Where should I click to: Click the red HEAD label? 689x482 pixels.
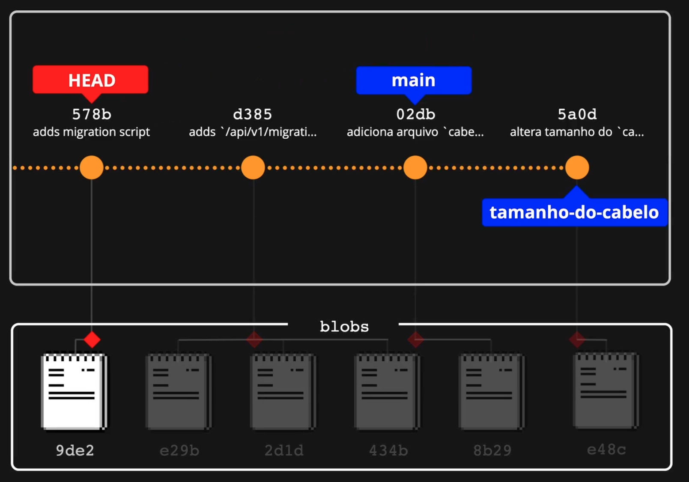[90, 80]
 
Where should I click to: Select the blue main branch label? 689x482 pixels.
[414, 80]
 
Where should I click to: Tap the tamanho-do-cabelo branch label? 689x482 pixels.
[574, 212]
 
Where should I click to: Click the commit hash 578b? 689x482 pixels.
[92, 114]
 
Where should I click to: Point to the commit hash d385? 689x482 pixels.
[253, 114]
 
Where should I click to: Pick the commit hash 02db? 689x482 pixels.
[415, 114]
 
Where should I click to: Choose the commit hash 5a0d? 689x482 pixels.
[577, 114]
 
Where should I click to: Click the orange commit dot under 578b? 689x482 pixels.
[92, 167]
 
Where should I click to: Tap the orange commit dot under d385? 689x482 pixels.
[253, 167]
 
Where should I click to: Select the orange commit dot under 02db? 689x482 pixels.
[415, 167]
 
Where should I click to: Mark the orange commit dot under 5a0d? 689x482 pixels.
[577, 167]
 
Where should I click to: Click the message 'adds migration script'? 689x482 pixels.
[91, 132]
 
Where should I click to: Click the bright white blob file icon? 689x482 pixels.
[74, 391]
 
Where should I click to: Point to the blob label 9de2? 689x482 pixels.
[75, 450]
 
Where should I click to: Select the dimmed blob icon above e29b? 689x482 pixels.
[179, 391]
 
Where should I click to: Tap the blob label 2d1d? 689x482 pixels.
[284, 450]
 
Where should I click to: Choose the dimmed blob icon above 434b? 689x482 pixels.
[388, 391]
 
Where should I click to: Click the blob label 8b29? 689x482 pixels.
[492, 450]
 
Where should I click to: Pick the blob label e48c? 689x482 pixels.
[606, 449]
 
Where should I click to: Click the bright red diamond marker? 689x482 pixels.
[92, 340]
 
